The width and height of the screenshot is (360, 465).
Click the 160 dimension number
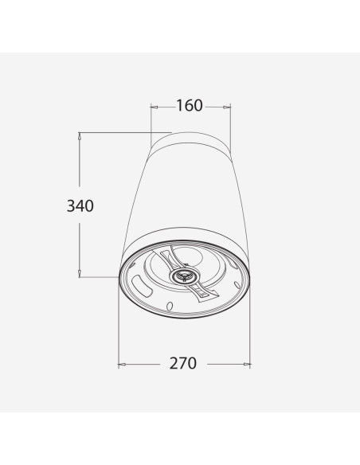190,106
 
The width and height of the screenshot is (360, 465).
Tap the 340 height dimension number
80,205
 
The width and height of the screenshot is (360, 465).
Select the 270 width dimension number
183,363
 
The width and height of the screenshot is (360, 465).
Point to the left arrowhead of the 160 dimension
155,107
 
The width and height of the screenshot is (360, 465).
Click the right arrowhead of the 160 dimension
227,107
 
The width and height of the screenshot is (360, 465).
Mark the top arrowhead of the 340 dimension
79,136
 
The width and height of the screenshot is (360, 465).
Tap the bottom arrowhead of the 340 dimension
79,273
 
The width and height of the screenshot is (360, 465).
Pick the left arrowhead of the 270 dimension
122,364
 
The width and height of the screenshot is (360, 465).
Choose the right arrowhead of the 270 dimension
247,364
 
